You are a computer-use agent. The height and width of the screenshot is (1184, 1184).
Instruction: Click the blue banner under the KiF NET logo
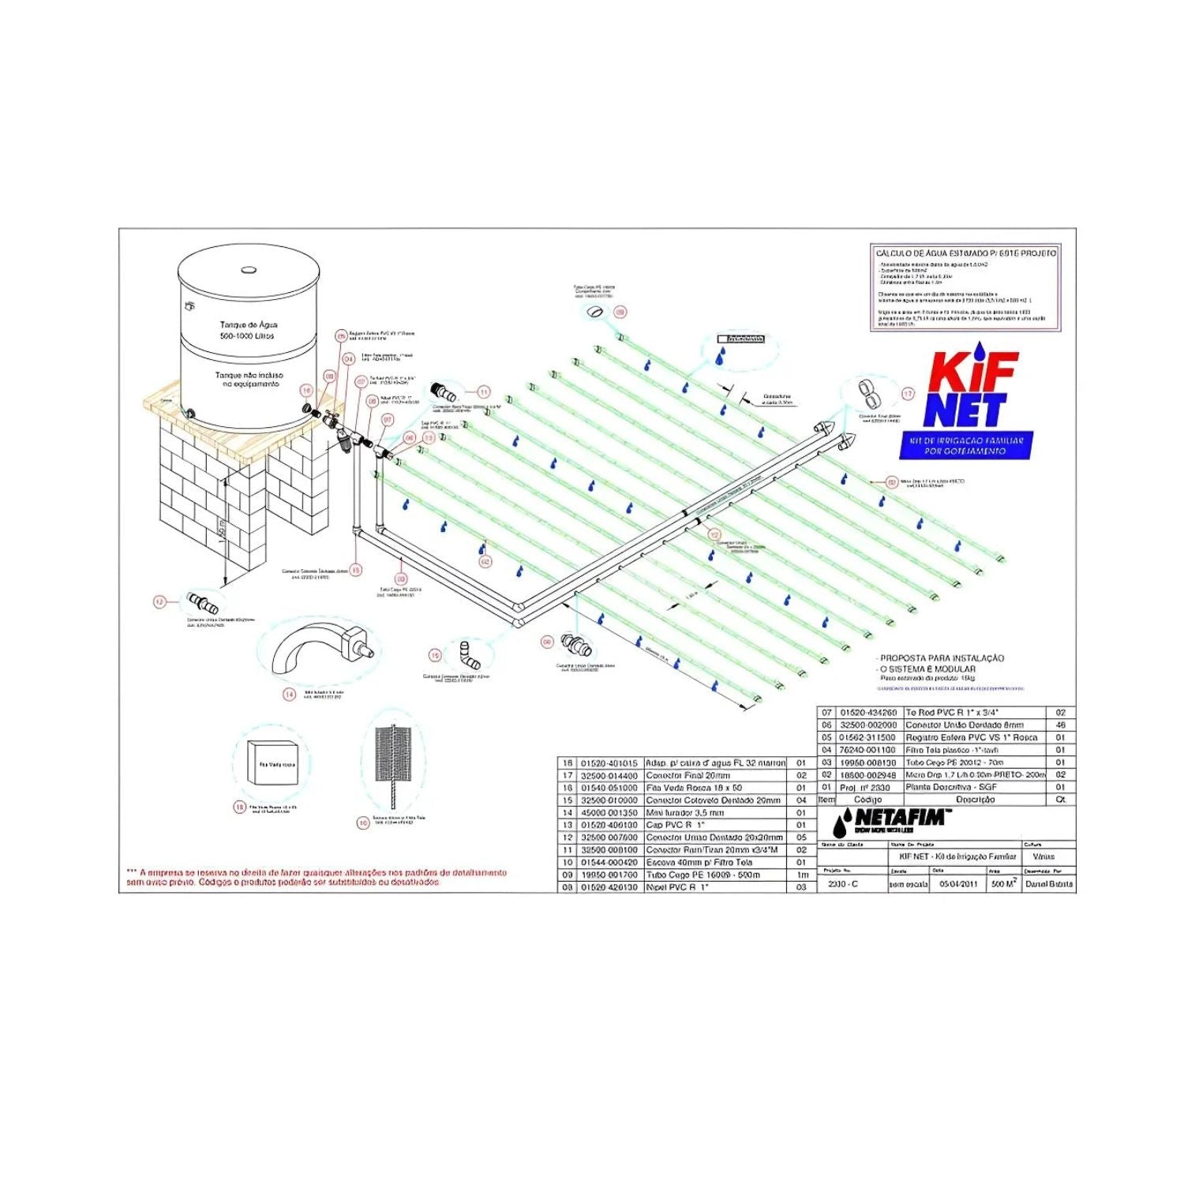point(966,445)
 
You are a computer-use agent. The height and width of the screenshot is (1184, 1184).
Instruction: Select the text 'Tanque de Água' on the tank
point(249,324)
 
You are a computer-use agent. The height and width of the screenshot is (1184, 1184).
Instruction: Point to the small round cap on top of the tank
point(248,269)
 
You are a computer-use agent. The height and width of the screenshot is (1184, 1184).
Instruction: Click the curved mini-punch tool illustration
point(320,650)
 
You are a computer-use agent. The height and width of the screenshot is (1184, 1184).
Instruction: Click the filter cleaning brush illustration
point(393,757)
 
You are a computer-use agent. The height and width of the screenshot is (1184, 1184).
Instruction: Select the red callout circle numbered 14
point(290,695)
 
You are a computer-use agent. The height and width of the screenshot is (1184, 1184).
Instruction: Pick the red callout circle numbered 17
point(909,394)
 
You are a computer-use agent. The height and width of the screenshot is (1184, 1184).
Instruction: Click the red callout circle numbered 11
point(484,392)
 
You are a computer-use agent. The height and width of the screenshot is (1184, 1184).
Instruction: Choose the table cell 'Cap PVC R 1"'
point(675,825)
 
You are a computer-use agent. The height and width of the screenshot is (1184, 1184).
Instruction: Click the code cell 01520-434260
point(867,712)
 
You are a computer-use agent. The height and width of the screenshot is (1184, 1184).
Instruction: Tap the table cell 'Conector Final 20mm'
point(688,776)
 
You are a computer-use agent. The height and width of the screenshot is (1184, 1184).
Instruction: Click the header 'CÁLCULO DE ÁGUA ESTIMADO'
point(965,253)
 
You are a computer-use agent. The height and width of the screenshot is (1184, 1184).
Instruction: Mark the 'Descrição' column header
point(975,800)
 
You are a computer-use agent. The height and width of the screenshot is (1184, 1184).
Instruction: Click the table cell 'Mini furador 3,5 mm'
point(684,812)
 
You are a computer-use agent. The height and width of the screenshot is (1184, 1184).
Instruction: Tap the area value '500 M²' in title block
point(1003,883)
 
